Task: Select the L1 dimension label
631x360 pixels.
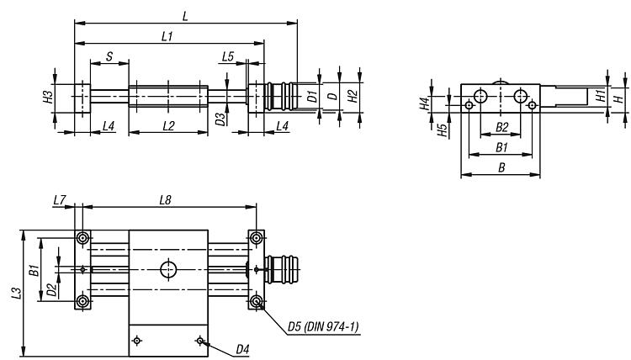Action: click(167, 36)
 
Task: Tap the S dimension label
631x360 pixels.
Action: click(109, 56)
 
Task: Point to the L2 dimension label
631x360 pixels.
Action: click(167, 125)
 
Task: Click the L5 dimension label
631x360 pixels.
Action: click(228, 56)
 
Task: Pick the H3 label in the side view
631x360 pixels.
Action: click(48, 98)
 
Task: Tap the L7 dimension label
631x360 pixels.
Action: click(58, 200)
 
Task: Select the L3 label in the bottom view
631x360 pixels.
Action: click(16, 294)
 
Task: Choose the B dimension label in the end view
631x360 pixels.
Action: click(501, 167)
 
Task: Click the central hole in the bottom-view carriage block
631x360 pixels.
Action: click(168, 269)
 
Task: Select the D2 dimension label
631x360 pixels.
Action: click(51, 290)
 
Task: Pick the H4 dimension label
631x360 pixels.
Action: click(426, 104)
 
